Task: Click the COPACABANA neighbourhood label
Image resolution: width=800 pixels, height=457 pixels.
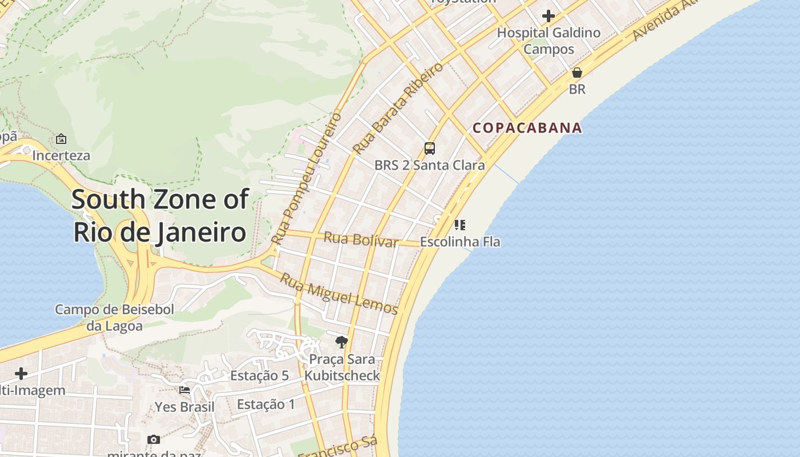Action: tap(527, 127)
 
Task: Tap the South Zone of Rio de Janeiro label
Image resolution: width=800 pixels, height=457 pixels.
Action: tap(160, 216)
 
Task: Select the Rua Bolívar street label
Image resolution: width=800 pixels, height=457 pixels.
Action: tap(361, 239)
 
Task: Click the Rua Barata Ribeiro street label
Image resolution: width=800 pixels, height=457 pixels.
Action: tap(398, 109)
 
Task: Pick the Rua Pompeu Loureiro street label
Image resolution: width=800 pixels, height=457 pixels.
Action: tap(306, 178)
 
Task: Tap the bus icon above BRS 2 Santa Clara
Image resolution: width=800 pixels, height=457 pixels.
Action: tap(430, 149)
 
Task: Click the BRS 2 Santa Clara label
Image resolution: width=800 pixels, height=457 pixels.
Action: tap(430, 166)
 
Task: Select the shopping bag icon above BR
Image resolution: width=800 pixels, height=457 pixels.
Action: tap(577, 73)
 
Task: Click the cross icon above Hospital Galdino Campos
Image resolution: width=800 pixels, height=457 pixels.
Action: tap(549, 15)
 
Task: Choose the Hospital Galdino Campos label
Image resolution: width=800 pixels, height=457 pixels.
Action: tap(549, 41)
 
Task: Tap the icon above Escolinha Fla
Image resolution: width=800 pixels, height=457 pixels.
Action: tap(460, 225)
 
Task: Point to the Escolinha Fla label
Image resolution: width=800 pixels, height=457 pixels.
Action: tap(460, 242)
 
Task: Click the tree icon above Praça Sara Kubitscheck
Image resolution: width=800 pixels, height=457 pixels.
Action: tap(342, 342)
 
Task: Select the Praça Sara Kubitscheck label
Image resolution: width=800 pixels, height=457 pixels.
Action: tap(342, 367)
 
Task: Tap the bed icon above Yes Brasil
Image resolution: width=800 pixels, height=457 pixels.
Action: tap(185, 390)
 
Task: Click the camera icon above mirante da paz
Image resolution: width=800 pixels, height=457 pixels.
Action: tap(153, 439)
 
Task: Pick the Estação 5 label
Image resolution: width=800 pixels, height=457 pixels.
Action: tap(259, 375)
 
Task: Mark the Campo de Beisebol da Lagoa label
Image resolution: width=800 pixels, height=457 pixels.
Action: tap(114, 318)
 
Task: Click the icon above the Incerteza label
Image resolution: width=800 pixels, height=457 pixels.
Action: tap(61, 139)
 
